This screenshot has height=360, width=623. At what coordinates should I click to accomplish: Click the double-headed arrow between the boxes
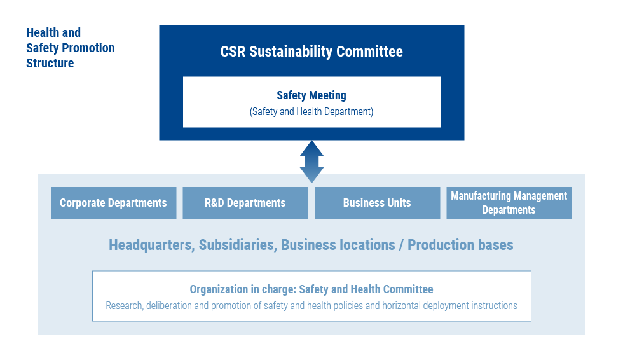[x=311, y=162]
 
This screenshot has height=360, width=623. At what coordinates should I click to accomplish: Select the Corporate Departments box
[x=114, y=203]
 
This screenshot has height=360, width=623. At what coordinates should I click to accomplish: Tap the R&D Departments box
[x=245, y=203]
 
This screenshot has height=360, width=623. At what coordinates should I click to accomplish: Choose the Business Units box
[x=378, y=203]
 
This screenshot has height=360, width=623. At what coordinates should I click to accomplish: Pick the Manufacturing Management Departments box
[x=509, y=203]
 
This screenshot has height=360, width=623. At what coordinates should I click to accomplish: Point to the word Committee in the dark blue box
[x=369, y=52]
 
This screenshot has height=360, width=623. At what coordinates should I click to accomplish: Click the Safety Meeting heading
[x=311, y=95]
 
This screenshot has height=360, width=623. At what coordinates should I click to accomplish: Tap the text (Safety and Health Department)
[x=311, y=112]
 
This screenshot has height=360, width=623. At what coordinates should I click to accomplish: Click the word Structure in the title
[x=50, y=63]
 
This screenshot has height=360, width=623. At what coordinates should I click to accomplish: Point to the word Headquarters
[x=152, y=245]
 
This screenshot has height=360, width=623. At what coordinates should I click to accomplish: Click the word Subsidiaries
[x=238, y=245]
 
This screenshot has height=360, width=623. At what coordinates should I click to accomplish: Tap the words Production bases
[x=460, y=245]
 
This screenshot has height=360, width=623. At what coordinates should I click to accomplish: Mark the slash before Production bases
[x=401, y=246]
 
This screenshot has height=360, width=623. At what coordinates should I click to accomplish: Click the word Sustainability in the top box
[x=291, y=52]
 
